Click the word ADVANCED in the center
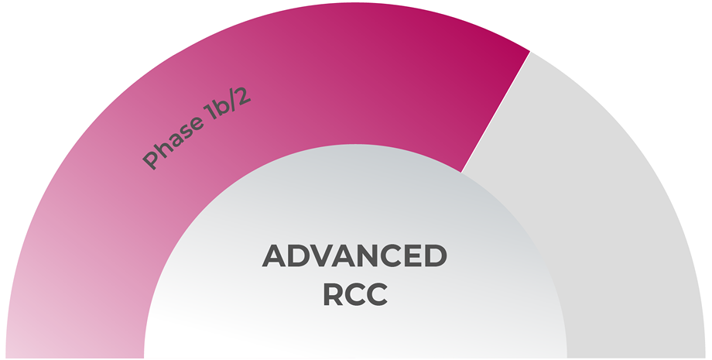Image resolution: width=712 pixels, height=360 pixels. pos(354,255)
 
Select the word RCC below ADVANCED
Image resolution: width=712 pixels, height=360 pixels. pos(354,294)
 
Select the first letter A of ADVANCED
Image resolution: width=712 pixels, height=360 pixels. pos(276,255)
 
